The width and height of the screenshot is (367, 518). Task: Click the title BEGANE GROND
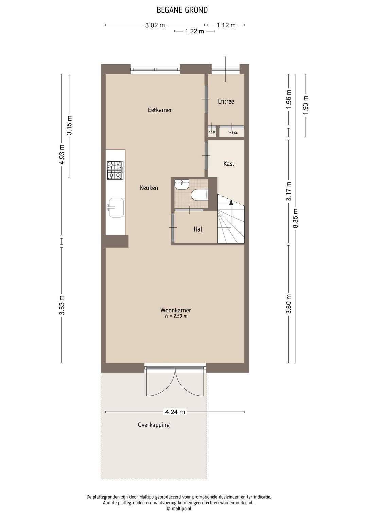coord(182,10)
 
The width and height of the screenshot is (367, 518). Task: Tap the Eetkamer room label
coord(160,110)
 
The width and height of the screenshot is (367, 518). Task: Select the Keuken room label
coord(149,188)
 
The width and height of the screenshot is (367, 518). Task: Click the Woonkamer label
coord(176,310)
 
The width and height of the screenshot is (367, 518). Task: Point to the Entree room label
coord(226,101)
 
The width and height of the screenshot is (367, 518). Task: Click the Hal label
coord(198,229)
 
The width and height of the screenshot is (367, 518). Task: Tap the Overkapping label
coord(154,425)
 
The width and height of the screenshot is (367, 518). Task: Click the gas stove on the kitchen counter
coord(115,170)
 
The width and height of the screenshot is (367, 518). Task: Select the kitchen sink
coord(115,207)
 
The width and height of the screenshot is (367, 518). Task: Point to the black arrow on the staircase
coord(231,202)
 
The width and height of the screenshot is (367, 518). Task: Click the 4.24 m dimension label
coord(175,412)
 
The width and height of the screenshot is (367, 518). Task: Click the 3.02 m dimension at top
coord(155,25)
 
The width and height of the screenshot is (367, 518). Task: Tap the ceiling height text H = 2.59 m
coord(176,316)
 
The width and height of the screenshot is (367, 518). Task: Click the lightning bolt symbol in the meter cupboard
coord(233,132)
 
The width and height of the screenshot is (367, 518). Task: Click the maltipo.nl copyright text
coord(179,508)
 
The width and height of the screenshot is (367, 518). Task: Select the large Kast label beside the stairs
coord(229,164)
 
